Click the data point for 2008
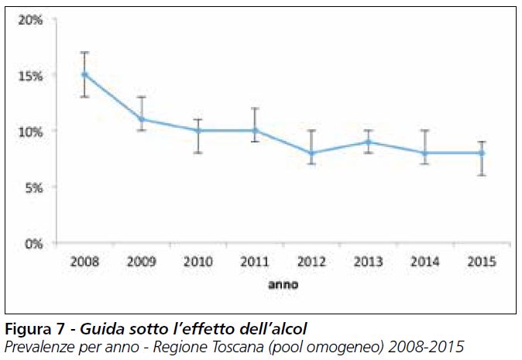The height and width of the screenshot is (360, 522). pyautogui.click(x=84, y=74)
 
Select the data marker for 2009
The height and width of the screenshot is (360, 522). pyautogui.click(x=141, y=119)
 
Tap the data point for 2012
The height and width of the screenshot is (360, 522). pyautogui.click(x=311, y=153)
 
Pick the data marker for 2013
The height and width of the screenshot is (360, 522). pyautogui.click(x=367, y=142)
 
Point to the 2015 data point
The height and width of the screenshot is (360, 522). pyautogui.click(x=480, y=153)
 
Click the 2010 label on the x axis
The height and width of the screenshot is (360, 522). pyautogui.click(x=197, y=262)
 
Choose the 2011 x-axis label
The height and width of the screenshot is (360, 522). pyautogui.click(x=254, y=262)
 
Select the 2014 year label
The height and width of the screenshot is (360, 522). pyautogui.click(x=424, y=262)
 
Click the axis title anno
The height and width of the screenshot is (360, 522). pyautogui.click(x=283, y=284)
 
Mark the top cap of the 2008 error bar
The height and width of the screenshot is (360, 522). pyautogui.click(x=84, y=52)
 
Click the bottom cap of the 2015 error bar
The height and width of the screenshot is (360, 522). pyautogui.click(x=480, y=175)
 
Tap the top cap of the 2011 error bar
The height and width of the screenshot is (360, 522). pyautogui.click(x=254, y=108)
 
